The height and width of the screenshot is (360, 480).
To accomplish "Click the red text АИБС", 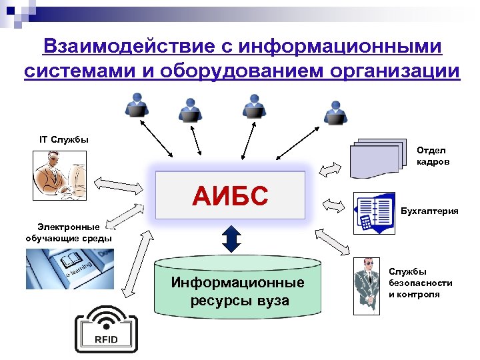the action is click(230, 195).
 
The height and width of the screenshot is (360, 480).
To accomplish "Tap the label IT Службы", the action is click(64, 139).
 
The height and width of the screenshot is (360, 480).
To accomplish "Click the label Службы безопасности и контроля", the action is click(421, 283).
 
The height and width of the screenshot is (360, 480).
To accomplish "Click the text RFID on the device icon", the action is click(105, 339).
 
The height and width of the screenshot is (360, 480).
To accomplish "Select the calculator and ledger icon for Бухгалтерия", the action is click(373, 213).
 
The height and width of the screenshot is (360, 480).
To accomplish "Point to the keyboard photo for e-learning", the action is click(69, 269).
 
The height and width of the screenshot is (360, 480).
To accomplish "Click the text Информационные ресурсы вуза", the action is click(238, 291).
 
